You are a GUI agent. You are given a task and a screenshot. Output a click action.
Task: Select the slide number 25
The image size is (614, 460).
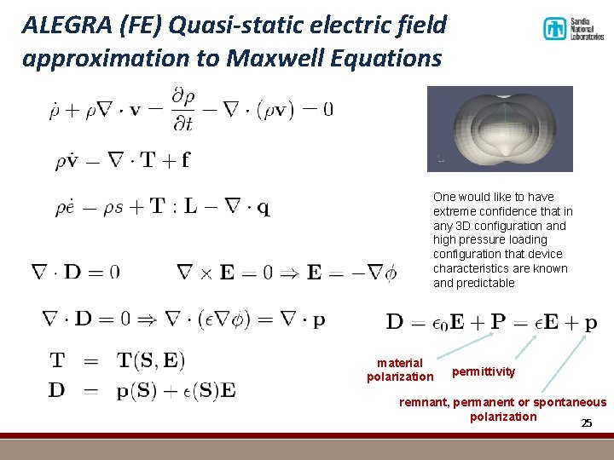click(586, 423)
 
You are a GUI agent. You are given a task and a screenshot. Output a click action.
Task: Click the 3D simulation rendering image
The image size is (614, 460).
click(500, 128)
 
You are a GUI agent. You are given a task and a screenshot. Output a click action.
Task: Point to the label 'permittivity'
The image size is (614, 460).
click(484, 371)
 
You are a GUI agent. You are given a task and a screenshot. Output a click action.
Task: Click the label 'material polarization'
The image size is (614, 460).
click(400, 370)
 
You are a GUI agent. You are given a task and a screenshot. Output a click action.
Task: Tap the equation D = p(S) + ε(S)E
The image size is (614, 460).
click(142, 390)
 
